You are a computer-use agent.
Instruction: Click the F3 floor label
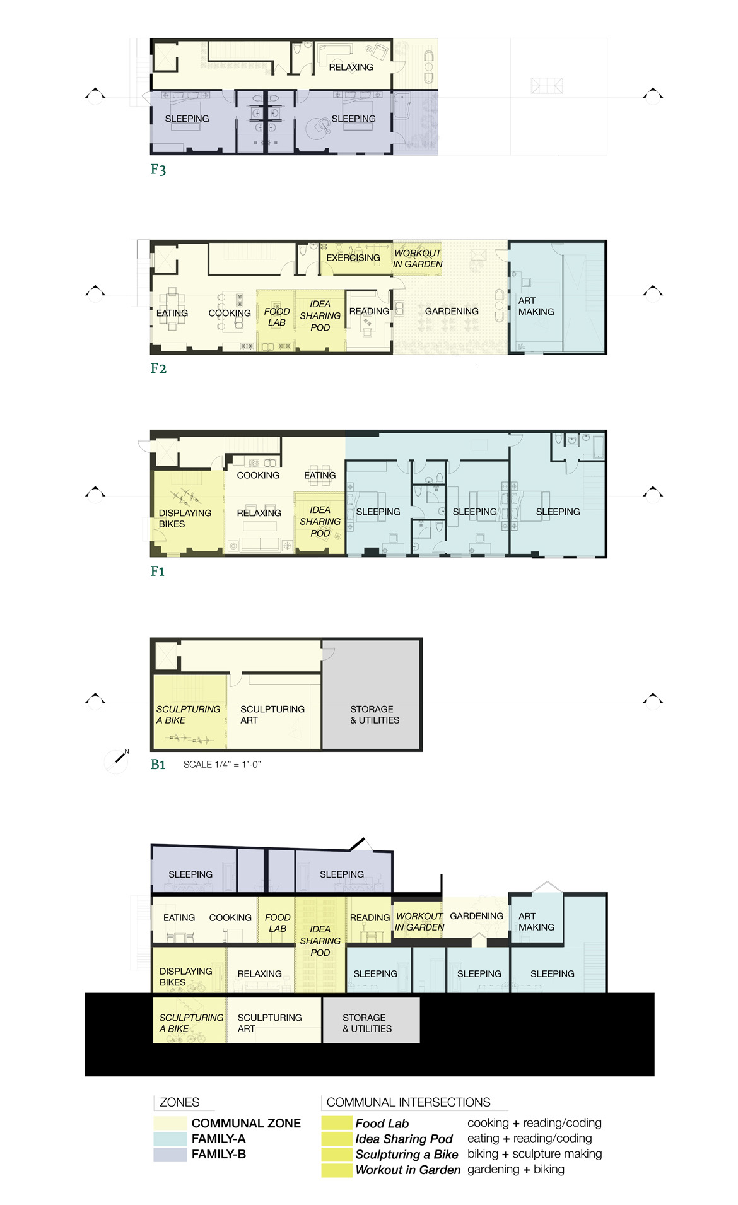click(158, 170)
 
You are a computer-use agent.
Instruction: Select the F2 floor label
click(158, 368)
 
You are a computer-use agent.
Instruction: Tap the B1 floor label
click(158, 765)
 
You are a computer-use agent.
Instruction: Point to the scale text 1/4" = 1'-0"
click(222, 765)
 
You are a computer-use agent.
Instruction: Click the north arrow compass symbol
click(117, 760)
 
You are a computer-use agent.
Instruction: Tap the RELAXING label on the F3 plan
click(351, 68)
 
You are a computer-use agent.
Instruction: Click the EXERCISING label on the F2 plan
click(353, 258)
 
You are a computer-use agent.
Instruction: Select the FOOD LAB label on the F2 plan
click(277, 317)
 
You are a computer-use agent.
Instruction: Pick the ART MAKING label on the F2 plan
click(536, 307)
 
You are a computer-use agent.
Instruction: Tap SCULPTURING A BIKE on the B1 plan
click(188, 715)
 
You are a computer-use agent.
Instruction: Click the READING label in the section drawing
click(370, 918)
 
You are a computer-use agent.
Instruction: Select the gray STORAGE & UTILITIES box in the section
click(371, 1020)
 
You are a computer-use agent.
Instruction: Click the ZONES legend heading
click(179, 1102)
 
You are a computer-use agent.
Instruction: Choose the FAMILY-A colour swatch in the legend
click(170, 1139)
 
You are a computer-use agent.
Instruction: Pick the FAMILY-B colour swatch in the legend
click(170, 1155)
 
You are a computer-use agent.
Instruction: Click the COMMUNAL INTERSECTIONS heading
click(408, 1102)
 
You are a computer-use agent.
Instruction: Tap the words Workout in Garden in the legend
click(407, 1170)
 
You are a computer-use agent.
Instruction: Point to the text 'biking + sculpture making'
click(535, 1154)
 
